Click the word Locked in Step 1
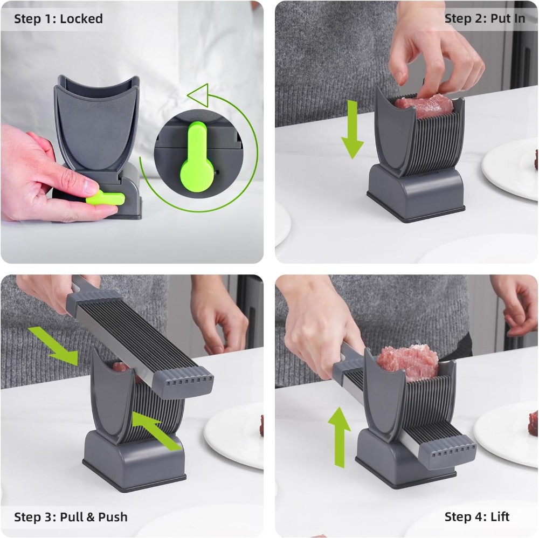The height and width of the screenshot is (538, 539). point(81,18)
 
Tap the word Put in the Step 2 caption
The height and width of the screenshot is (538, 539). point(499,18)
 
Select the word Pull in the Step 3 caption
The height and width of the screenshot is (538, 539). point(71,516)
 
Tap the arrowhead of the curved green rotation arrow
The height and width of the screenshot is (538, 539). point(199,94)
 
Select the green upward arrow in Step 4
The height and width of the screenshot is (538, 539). point(339,437)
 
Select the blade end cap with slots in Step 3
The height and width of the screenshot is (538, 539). point(182,382)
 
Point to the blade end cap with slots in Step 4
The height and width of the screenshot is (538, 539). point(448,451)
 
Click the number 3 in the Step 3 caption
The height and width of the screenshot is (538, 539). point(50,517)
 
